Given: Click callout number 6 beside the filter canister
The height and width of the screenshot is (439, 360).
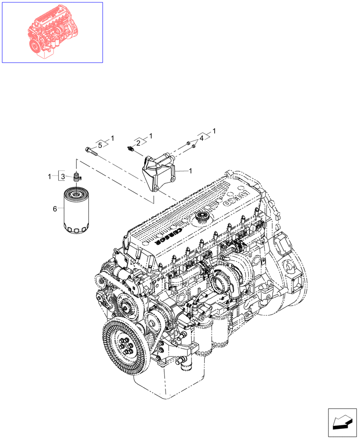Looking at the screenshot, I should tap(55, 209).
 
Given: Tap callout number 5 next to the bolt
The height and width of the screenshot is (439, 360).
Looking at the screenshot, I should tap(100, 145).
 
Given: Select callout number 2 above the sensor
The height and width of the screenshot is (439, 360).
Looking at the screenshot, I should tap(138, 143).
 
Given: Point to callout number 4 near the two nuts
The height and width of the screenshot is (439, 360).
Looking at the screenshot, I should tap(202, 138).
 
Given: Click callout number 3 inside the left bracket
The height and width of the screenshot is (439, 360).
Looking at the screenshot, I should tap(63, 176).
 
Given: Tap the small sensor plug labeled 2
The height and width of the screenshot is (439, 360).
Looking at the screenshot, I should tap(130, 149).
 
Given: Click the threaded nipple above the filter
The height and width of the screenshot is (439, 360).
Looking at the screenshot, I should tap(76, 177).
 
